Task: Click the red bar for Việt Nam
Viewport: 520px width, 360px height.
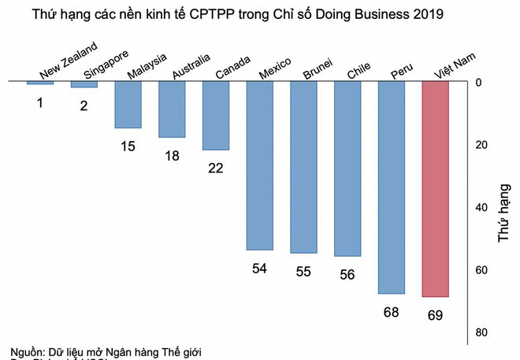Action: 436,189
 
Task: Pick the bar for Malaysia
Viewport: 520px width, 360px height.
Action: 128,105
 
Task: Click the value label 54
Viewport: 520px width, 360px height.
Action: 260,269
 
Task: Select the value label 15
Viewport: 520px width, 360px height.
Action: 128,147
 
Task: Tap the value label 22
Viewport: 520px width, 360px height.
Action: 216,169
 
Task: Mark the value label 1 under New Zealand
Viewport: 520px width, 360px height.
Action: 40,103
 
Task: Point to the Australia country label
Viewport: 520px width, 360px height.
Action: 191,67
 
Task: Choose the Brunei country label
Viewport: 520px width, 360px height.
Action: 317,69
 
